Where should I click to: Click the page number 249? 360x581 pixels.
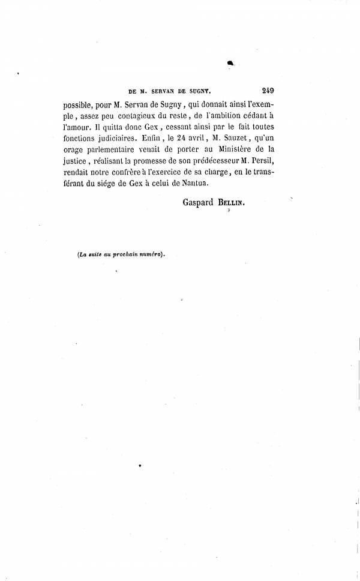point(268,91)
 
